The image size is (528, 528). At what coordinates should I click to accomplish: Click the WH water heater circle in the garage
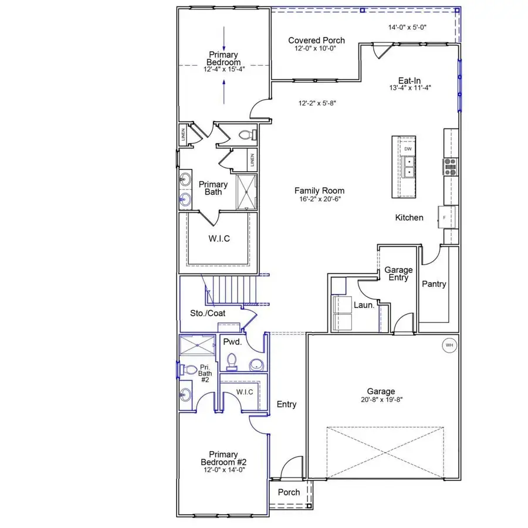(449, 345)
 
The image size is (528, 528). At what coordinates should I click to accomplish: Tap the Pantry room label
(434, 284)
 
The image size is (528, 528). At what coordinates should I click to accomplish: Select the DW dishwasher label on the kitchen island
(408, 149)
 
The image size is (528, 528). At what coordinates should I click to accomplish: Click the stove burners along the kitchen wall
(451, 167)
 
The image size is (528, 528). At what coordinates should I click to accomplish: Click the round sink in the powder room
(256, 365)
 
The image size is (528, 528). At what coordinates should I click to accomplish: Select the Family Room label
(319, 191)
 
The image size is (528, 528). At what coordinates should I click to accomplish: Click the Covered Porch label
(316, 40)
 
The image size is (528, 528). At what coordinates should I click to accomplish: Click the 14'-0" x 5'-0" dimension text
(409, 27)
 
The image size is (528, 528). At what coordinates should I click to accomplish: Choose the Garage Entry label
(398, 274)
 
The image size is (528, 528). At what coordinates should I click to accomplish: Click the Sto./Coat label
(208, 313)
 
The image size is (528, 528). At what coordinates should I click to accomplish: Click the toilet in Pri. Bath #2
(189, 370)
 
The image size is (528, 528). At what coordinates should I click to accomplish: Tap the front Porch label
(289, 492)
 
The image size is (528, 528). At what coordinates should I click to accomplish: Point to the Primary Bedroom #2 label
(223, 458)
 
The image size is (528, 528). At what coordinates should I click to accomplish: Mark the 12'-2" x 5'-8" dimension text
(317, 103)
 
